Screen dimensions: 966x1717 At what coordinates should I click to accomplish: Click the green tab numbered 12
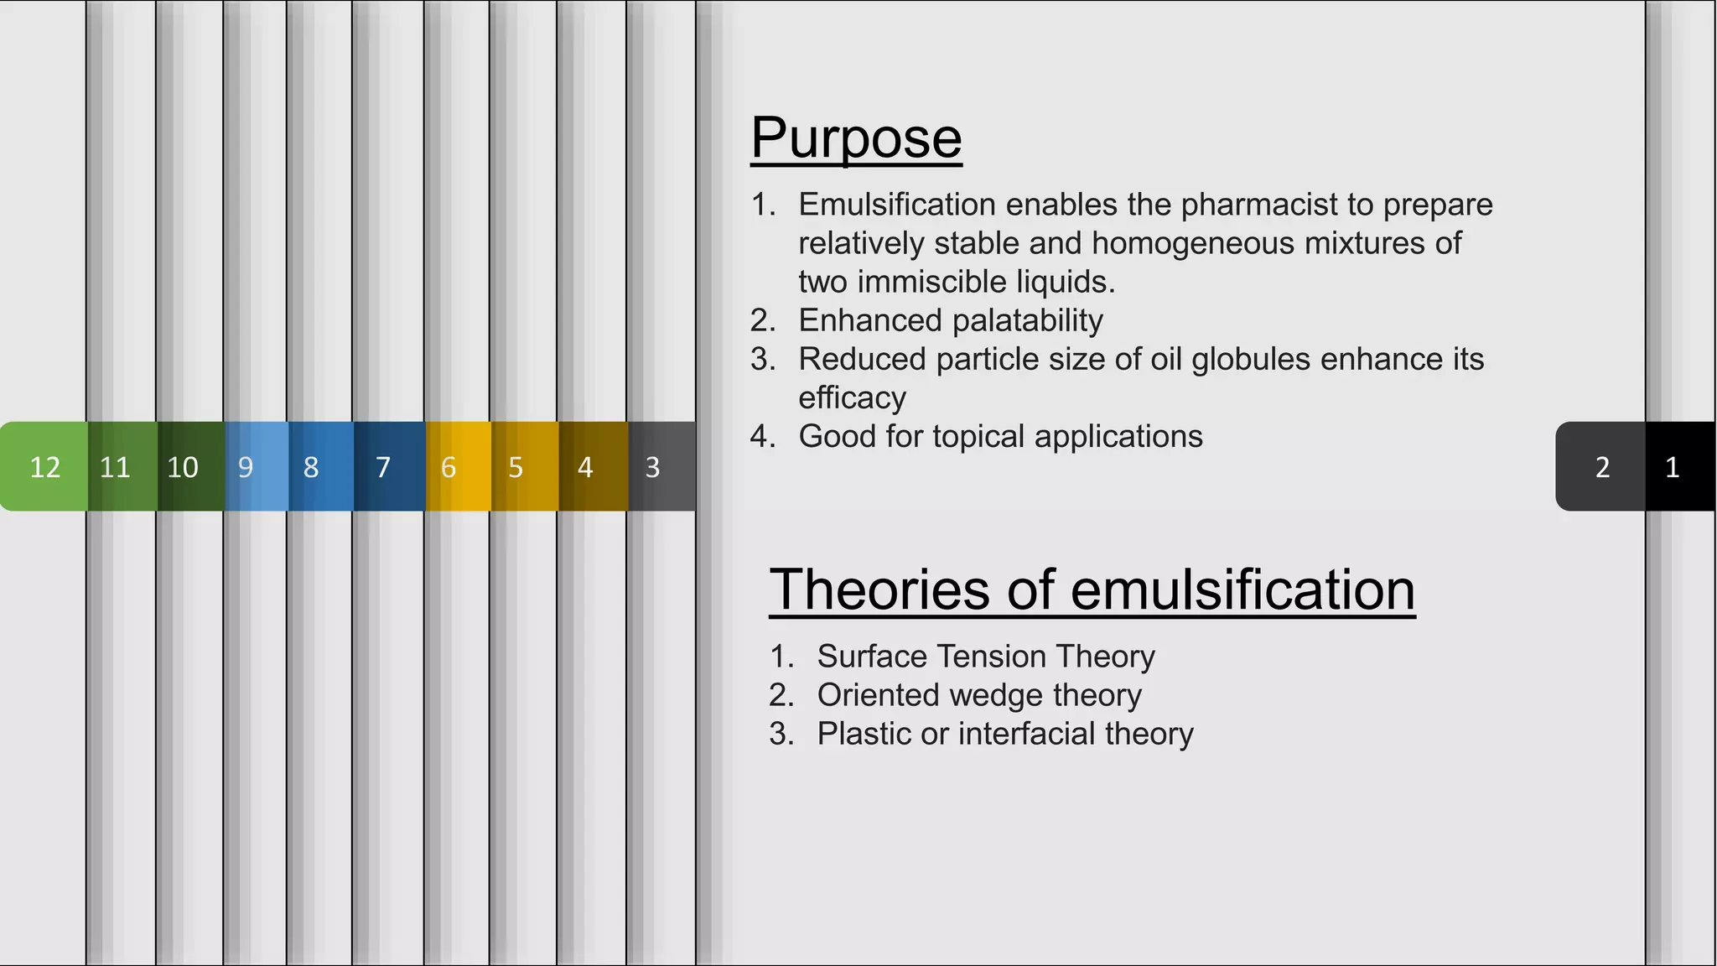[44, 466]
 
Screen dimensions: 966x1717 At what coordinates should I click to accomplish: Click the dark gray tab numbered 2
[1602, 466]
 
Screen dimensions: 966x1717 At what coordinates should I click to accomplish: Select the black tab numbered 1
[1673, 466]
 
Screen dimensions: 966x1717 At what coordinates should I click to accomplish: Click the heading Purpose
[856, 138]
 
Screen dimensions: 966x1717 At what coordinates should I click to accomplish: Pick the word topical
[985, 436]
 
